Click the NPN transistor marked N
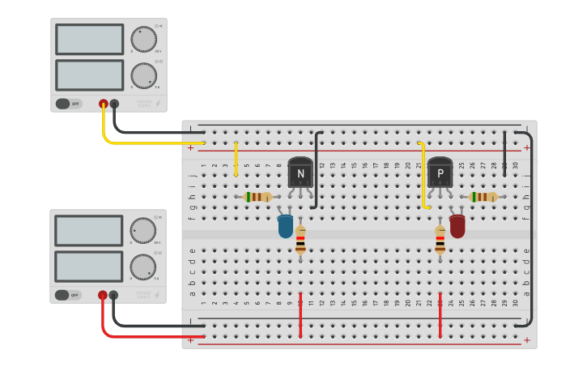coord(300,173)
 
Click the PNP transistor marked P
coord(440,172)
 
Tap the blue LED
coord(285,226)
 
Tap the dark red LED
coord(457,226)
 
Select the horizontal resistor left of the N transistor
coord(257,197)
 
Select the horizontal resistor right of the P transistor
coord(483,197)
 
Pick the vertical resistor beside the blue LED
coord(300,240)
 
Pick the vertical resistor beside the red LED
coord(440,240)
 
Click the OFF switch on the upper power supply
coord(69,104)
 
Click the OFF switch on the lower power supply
coord(69,295)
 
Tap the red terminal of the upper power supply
coord(103,104)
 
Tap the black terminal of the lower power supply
coord(113,296)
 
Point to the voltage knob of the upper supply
coord(143,39)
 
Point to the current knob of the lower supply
coord(143,267)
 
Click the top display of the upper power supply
coord(89,39)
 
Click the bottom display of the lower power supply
coord(89,267)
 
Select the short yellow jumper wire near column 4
coord(236,159)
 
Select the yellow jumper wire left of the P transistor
coord(423,174)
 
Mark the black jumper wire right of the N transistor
coord(319,170)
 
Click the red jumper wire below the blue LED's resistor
coord(300,314)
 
